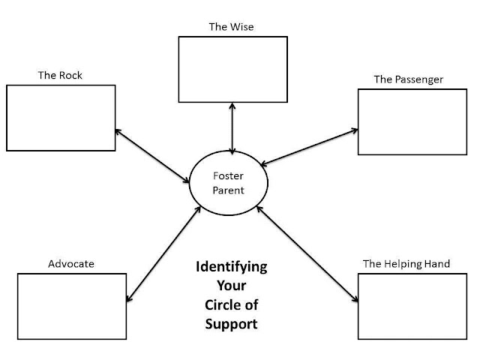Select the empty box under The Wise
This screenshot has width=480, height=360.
(x=232, y=69)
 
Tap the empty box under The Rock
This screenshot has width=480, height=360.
(x=61, y=118)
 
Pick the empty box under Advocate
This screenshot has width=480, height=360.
(x=71, y=306)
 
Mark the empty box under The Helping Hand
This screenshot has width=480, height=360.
(x=412, y=306)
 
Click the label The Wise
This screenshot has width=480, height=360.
(x=232, y=27)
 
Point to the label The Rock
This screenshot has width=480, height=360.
(x=59, y=76)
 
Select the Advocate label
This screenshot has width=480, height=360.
(x=71, y=264)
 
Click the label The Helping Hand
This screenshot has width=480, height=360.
(x=406, y=264)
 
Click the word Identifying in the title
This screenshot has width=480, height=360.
(x=231, y=268)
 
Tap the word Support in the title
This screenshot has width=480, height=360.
(x=231, y=325)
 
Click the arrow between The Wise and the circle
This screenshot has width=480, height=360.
(x=233, y=127)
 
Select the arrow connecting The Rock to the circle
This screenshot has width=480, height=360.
(x=152, y=155)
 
